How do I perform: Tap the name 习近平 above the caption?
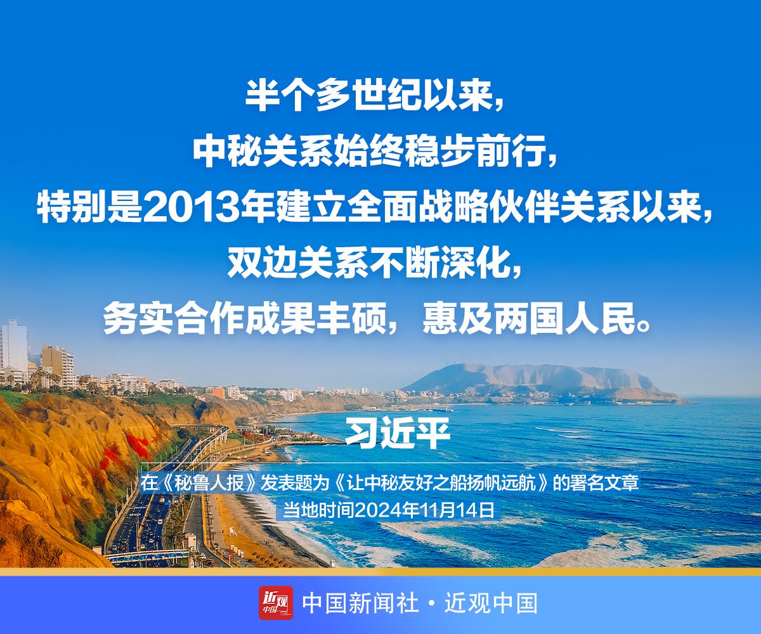398,434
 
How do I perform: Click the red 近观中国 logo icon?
275,603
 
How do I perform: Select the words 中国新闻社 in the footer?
360,604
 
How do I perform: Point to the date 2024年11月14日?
424,510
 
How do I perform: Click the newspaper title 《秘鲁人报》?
209,483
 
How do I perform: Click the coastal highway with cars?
146,510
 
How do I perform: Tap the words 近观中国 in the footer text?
491,604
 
